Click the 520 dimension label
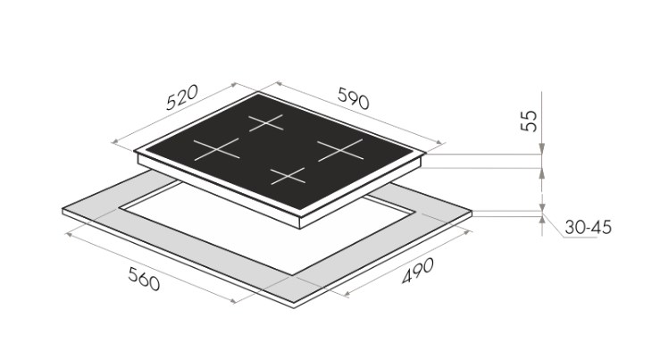coord(181,97)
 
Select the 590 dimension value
coord(354,98)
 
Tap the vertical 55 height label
coord(529,121)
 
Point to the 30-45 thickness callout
coord(588,228)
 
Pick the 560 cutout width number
coord(144,279)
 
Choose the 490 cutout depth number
coord(418,271)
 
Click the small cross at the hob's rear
coord(266,122)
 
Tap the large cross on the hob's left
coord(217,149)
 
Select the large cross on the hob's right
coord(340,150)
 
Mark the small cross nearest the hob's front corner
coord(288,176)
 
